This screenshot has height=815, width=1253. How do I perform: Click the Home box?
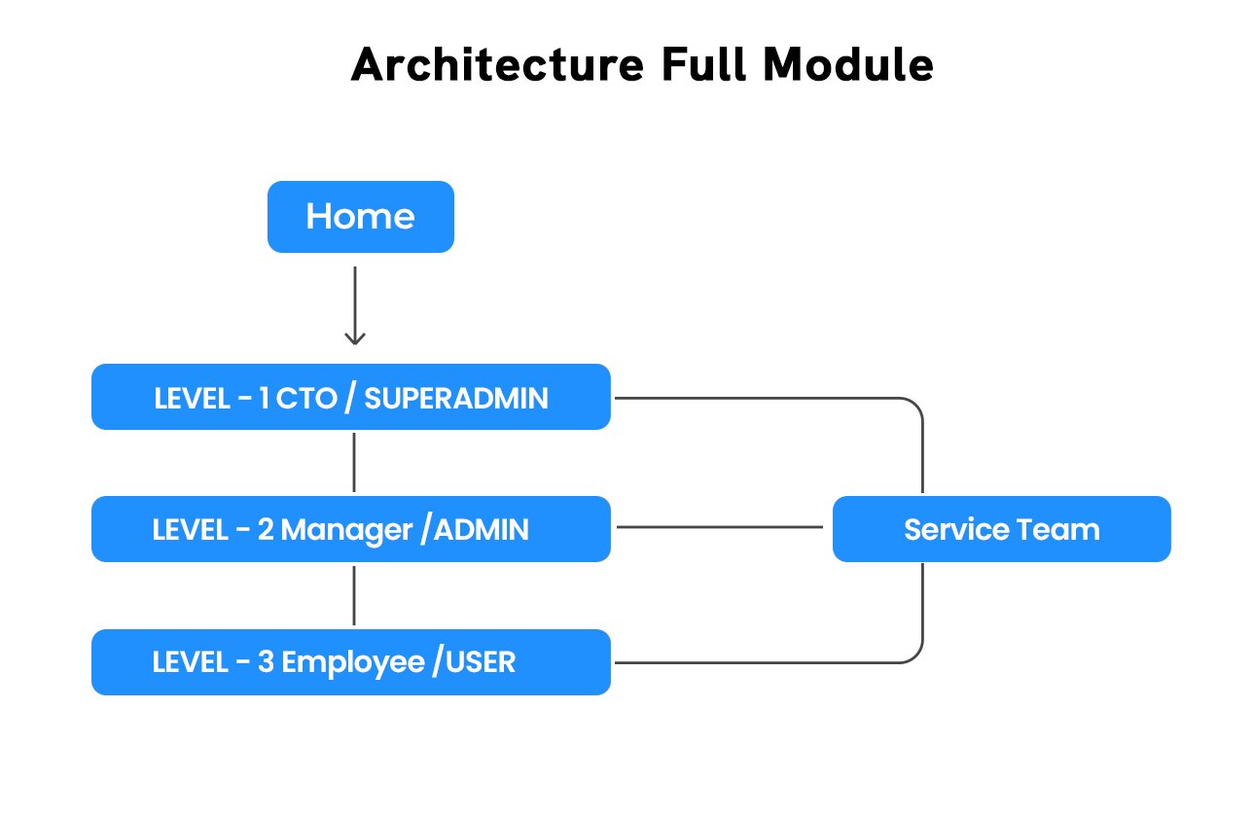point(360,217)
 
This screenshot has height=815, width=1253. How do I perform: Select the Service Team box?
point(1001,529)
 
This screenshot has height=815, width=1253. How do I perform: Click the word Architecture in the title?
point(496,65)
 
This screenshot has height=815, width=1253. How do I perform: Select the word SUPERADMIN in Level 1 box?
point(458,398)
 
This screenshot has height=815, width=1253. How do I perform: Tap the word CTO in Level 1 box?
point(305,398)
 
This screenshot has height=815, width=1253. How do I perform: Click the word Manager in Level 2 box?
point(346,530)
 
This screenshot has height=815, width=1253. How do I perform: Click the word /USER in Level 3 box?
point(474,662)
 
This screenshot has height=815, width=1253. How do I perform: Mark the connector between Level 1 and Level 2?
point(354,463)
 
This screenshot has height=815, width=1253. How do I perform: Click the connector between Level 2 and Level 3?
point(354,595)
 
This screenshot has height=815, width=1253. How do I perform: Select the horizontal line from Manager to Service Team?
point(720,527)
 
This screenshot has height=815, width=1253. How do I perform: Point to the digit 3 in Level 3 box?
point(266,662)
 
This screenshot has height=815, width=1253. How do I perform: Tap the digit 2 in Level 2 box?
point(266,530)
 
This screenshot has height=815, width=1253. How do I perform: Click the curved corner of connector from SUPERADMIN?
point(914,406)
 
